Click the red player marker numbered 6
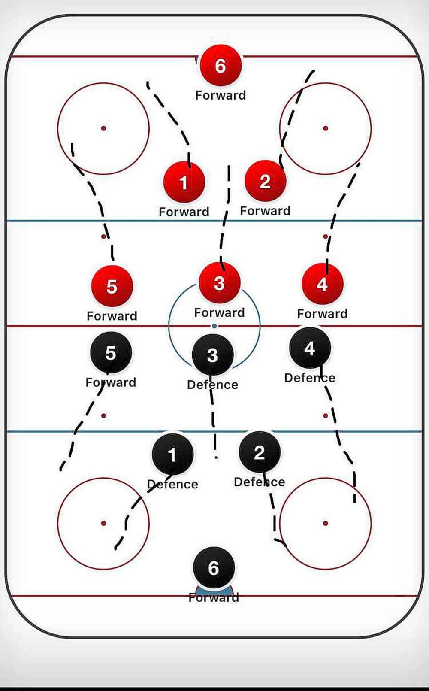[221, 65]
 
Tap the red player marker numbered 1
[184, 182]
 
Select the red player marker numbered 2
[265, 181]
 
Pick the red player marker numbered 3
[219, 283]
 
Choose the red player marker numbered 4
[323, 284]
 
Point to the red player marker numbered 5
[112, 286]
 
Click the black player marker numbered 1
[172, 455]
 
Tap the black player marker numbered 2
[260, 452]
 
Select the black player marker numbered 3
[212, 355]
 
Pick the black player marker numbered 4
[310, 348]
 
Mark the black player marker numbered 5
[111, 353]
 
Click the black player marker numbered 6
[214, 568]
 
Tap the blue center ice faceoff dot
[214, 326]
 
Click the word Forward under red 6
[221, 95]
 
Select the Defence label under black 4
[310, 378]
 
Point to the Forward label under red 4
[323, 314]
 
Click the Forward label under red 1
[184, 212]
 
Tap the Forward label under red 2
[265, 211]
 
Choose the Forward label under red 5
[112, 316]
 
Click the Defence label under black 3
[212, 385]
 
